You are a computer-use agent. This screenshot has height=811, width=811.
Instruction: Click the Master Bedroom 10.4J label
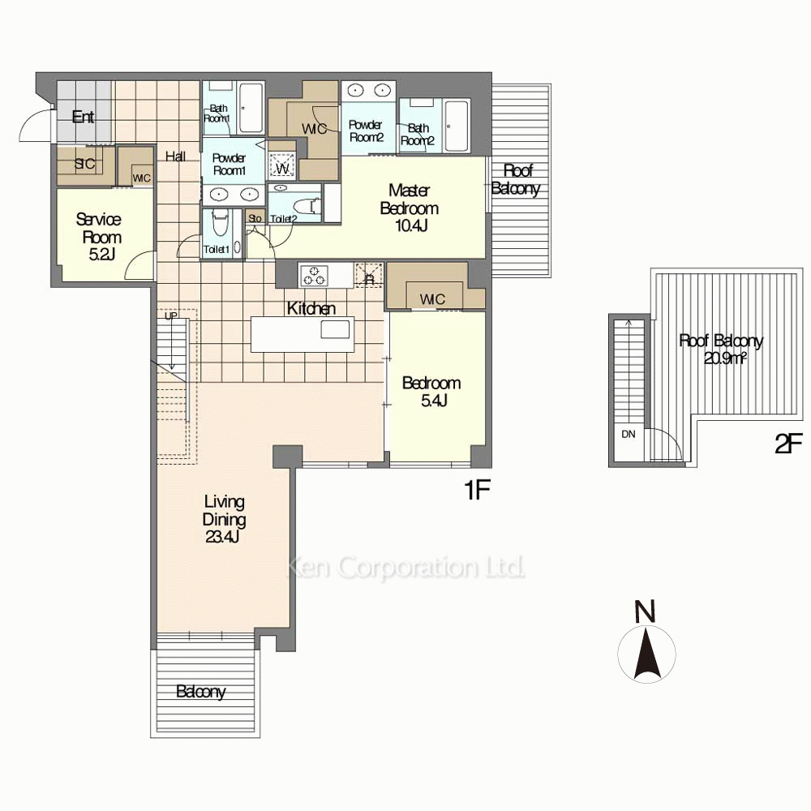pos(410,208)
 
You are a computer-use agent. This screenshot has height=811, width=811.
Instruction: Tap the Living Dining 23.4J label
pos(224,519)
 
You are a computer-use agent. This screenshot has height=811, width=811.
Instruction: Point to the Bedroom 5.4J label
pos(431,391)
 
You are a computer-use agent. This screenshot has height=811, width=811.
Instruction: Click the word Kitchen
pos(311,308)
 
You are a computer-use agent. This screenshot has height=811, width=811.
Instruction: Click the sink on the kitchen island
pos(335,329)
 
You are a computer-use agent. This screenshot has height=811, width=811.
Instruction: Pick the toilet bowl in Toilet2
pos(312,205)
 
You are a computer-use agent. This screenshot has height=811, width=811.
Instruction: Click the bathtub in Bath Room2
pos(457,127)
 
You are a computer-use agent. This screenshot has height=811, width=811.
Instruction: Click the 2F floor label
pos(789,444)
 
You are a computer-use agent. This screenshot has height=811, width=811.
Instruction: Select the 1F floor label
pos(477,489)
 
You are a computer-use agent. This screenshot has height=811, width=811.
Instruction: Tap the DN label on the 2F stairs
pos(629,434)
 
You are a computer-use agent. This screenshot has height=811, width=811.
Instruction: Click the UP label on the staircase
pos(170,315)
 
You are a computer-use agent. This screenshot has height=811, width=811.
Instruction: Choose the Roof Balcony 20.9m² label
pos(721,349)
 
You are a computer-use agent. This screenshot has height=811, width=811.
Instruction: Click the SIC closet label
pos(85,164)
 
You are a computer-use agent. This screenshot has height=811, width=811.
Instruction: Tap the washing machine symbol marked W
pos(282,166)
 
